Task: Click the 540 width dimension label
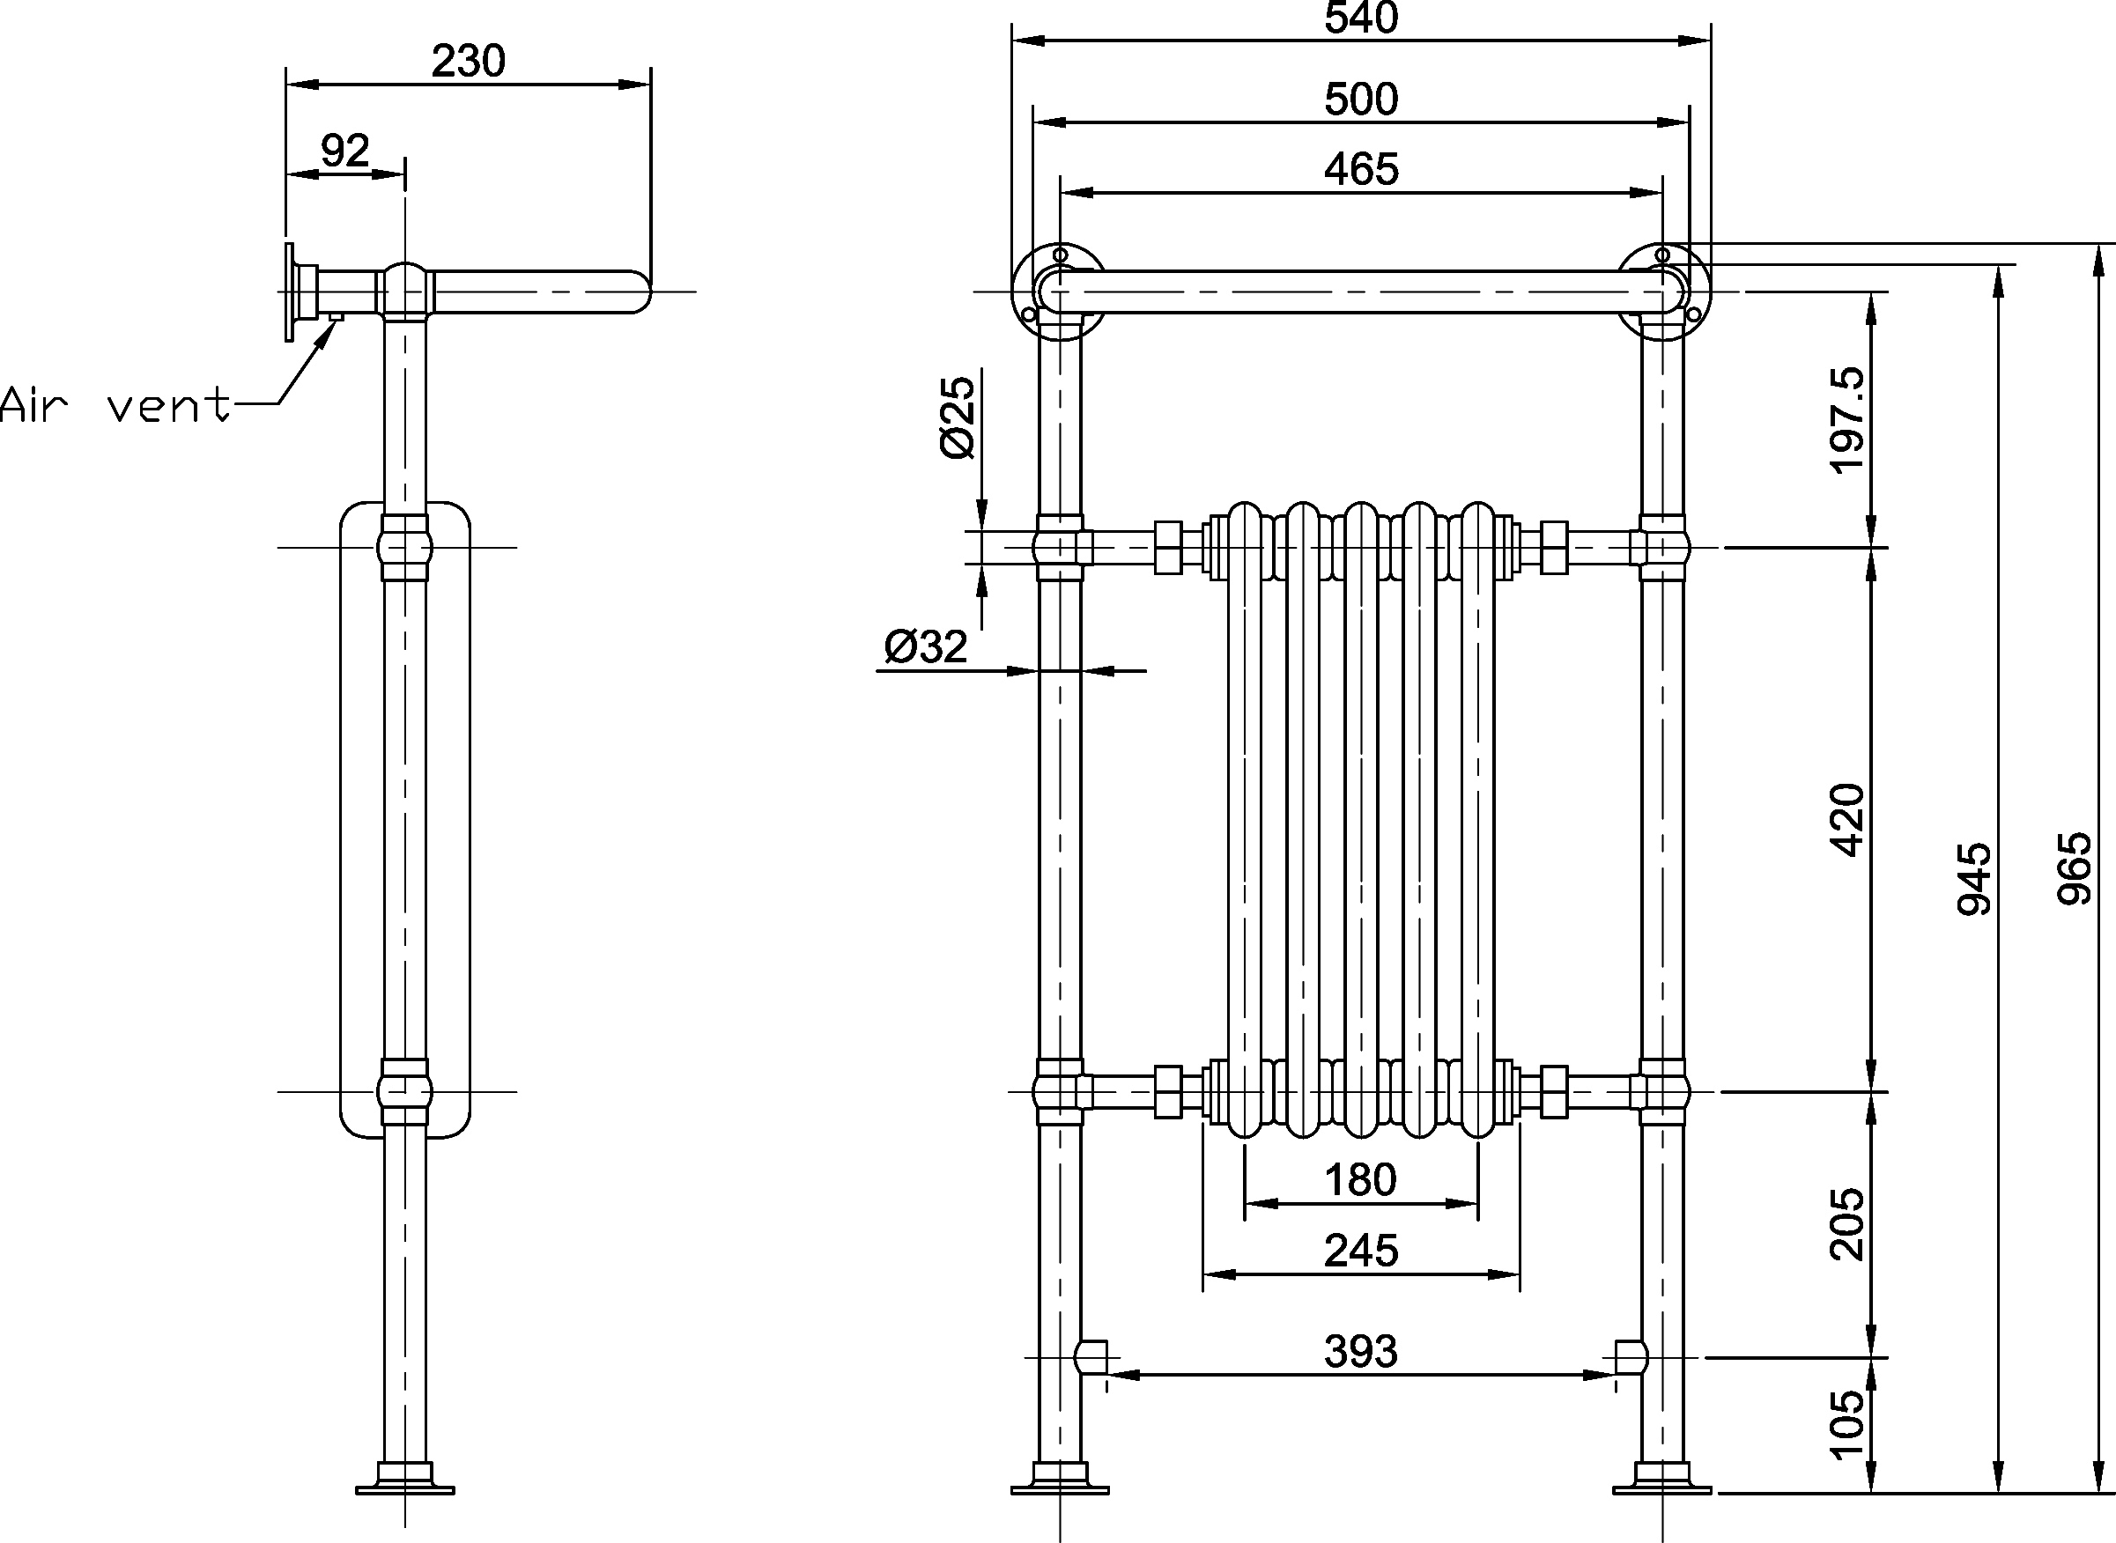pos(1361,18)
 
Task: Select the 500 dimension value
pos(1361,99)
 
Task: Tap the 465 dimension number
pos(1361,169)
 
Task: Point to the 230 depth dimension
pos(468,62)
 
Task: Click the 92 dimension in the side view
pos(344,150)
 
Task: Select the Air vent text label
pos(114,405)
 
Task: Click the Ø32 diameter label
pos(926,646)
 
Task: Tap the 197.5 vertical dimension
pos(1847,420)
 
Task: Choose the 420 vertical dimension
pos(1847,819)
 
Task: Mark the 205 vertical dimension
pos(1847,1223)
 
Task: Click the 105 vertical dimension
pos(1847,1424)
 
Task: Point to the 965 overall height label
pos(2075,867)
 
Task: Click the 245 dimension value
pos(1361,1251)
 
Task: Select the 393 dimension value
pos(1361,1352)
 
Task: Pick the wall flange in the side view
pos(291,292)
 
